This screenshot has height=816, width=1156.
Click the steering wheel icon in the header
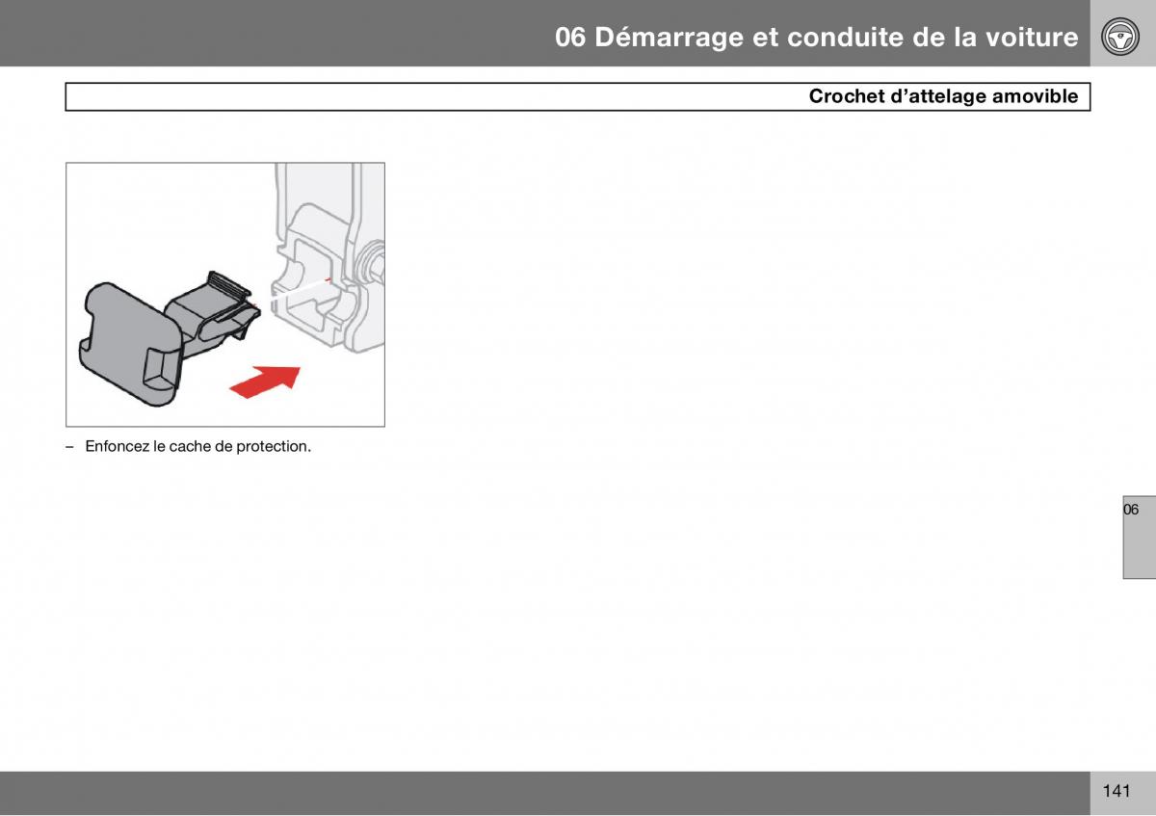click(1120, 37)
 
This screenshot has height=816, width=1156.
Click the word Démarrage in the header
click(670, 38)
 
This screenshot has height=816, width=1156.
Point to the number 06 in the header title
click(570, 38)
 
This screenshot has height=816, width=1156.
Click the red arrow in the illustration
click(265, 382)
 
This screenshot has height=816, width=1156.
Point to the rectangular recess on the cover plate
click(161, 369)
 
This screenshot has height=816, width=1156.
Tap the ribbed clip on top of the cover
click(228, 285)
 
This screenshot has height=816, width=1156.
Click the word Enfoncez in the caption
click(118, 446)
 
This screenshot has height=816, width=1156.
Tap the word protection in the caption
click(273, 446)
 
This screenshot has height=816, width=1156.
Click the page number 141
click(1117, 790)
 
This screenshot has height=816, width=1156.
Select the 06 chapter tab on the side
click(1139, 537)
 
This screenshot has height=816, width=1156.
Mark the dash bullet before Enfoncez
click(69, 447)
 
